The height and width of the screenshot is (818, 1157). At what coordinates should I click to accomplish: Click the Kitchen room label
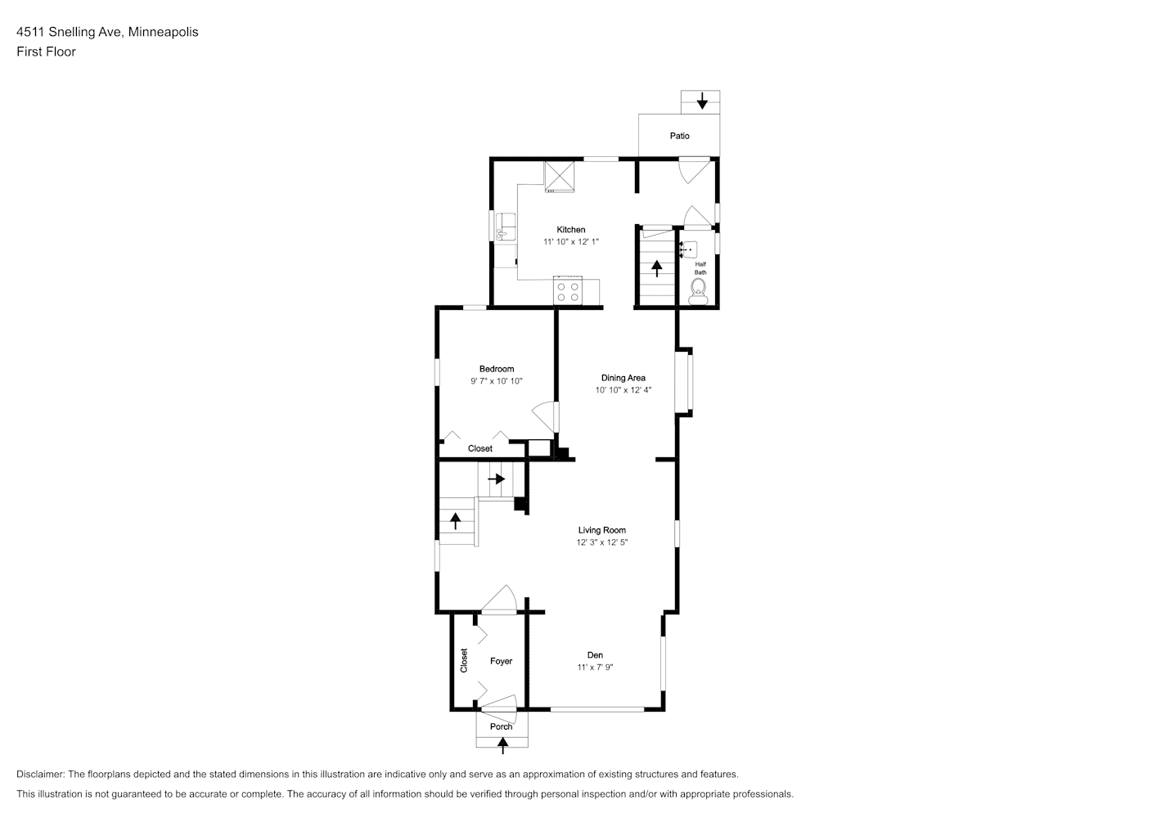(x=571, y=230)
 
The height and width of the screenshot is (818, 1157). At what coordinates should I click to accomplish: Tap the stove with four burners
(x=568, y=290)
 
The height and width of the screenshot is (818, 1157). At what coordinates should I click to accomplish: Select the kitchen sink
(x=505, y=227)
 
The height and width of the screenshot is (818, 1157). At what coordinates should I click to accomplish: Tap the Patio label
(x=679, y=136)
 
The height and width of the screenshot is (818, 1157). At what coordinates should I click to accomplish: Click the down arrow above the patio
(x=702, y=101)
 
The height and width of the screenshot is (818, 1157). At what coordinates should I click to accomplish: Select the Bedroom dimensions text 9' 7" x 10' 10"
(x=497, y=381)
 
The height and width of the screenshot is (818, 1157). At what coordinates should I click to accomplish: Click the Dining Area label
(x=623, y=378)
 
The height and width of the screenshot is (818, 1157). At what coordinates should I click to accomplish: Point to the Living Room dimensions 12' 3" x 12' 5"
(x=601, y=542)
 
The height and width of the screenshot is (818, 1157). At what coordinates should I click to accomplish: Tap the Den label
(x=595, y=655)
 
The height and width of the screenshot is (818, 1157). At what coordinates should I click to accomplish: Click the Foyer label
(x=501, y=661)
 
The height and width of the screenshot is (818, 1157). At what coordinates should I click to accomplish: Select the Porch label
(x=501, y=726)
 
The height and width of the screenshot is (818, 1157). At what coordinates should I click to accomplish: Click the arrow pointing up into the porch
(x=502, y=745)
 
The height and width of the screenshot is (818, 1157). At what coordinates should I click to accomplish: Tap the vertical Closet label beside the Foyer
(x=464, y=660)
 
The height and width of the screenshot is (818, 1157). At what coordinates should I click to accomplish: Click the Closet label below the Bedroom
(x=479, y=448)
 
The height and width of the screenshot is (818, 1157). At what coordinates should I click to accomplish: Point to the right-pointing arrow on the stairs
(x=497, y=479)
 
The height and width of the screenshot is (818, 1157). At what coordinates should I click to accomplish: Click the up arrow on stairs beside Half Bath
(x=656, y=268)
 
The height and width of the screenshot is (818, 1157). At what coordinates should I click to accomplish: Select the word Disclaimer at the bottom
(x=41, y=774)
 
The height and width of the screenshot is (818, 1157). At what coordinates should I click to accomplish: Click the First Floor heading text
(x=46, y=52)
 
